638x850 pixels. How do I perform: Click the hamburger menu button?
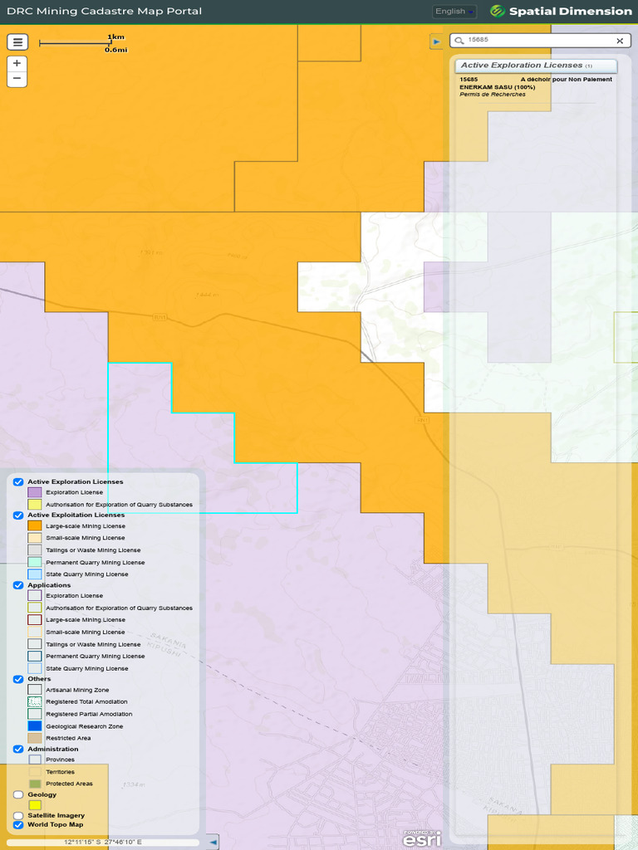click(17, 42)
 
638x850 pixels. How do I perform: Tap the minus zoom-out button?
click(17, 79)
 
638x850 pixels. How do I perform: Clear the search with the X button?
click(620, 41)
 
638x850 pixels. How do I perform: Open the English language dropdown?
click(454, 12)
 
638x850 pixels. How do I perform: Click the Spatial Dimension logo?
click(561, 12)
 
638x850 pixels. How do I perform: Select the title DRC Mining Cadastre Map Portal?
click(104, 12)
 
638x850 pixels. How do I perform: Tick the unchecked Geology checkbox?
click(18, 794)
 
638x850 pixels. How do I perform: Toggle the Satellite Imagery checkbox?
click(18, 815)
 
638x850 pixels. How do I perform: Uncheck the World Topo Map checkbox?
click(18, 825)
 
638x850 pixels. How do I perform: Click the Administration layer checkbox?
click(18, 749)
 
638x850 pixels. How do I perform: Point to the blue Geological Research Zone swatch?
click(35, 725)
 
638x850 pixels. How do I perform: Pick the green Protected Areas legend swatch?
click(35, 784)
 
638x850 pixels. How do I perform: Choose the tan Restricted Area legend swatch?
click(35, 738)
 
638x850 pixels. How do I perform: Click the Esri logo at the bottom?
click(421, 839)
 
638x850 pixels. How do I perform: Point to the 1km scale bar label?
click(115, 37)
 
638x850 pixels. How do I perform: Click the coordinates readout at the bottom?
click(103, 842)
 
